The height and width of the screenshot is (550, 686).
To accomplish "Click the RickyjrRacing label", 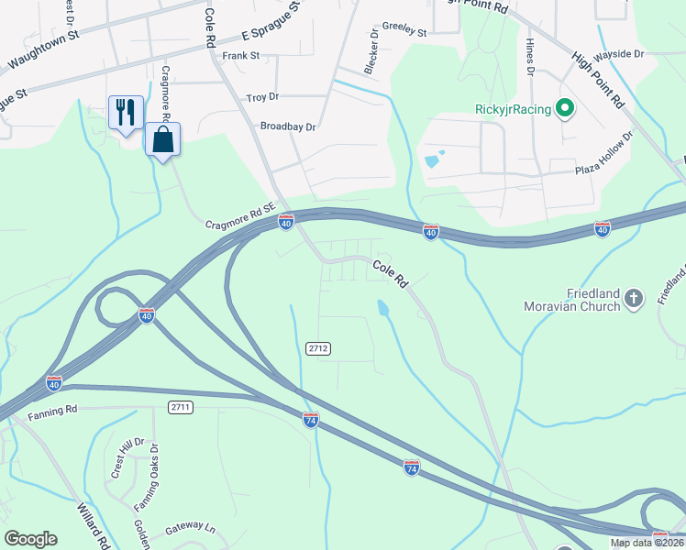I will coord(513,110).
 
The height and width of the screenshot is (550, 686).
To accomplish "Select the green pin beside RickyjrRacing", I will coord(565,110).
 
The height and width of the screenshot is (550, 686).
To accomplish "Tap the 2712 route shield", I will coord(318,348).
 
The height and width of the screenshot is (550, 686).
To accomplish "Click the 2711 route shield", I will coord(180,406).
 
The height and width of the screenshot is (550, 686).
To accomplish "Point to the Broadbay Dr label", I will coord(288,126).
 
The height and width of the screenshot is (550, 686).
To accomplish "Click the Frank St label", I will coord(241,56).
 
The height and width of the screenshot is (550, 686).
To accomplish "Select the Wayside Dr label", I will coord(619,54).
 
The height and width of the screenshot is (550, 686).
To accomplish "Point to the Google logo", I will coord(30,538).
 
